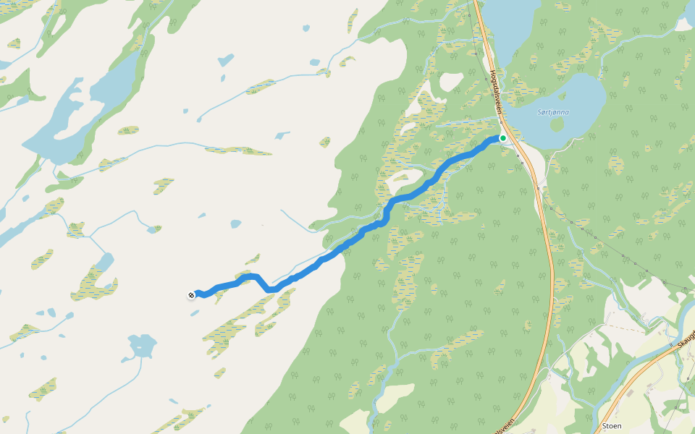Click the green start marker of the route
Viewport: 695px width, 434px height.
pyautogui.click(x=502, y=137)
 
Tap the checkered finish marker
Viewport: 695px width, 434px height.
pyautogui.click(x=191, y=294)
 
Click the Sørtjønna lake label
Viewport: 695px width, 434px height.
pyautogui.click(x=554, y=113)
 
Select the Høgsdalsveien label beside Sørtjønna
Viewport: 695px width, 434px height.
pyautogui.click(x=497, y=90)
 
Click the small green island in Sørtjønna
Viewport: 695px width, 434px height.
pyautogui.click(x=557, y=124)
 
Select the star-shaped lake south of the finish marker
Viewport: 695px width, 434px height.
pyautogui.click(x=142, y=346)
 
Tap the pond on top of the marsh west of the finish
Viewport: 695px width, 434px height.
pyautogui.click(x=106, y=260)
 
